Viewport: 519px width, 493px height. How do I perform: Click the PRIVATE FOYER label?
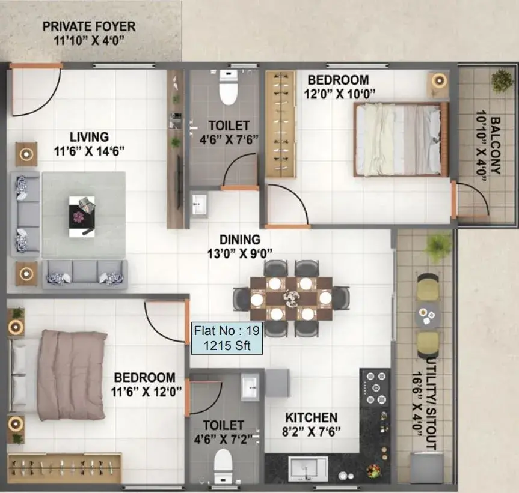[x=89, y=26]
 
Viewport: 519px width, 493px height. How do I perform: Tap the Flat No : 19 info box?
[x=227, y=338]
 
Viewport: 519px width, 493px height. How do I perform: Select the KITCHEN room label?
[x=312, y=417]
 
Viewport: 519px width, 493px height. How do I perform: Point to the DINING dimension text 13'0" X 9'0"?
[x=240, y=254]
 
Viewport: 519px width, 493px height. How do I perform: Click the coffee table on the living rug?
[x=82, y=216]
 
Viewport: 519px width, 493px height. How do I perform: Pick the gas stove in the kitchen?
[x=375, y=388]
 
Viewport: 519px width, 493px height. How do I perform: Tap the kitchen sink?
[x=309, y=469]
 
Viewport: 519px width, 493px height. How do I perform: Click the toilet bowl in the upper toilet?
[x=229, y=88]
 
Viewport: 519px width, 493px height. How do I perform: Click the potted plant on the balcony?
[x=502, y=80]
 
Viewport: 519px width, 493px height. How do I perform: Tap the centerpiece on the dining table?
[x=291, y=298]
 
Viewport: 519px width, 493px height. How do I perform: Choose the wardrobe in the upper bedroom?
[x=281, y=124]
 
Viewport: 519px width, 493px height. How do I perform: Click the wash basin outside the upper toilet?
[x=200, y=205]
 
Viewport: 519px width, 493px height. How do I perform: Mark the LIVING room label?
[x=89, y=137]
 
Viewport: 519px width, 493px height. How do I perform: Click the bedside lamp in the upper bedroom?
[x=439, y=80]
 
